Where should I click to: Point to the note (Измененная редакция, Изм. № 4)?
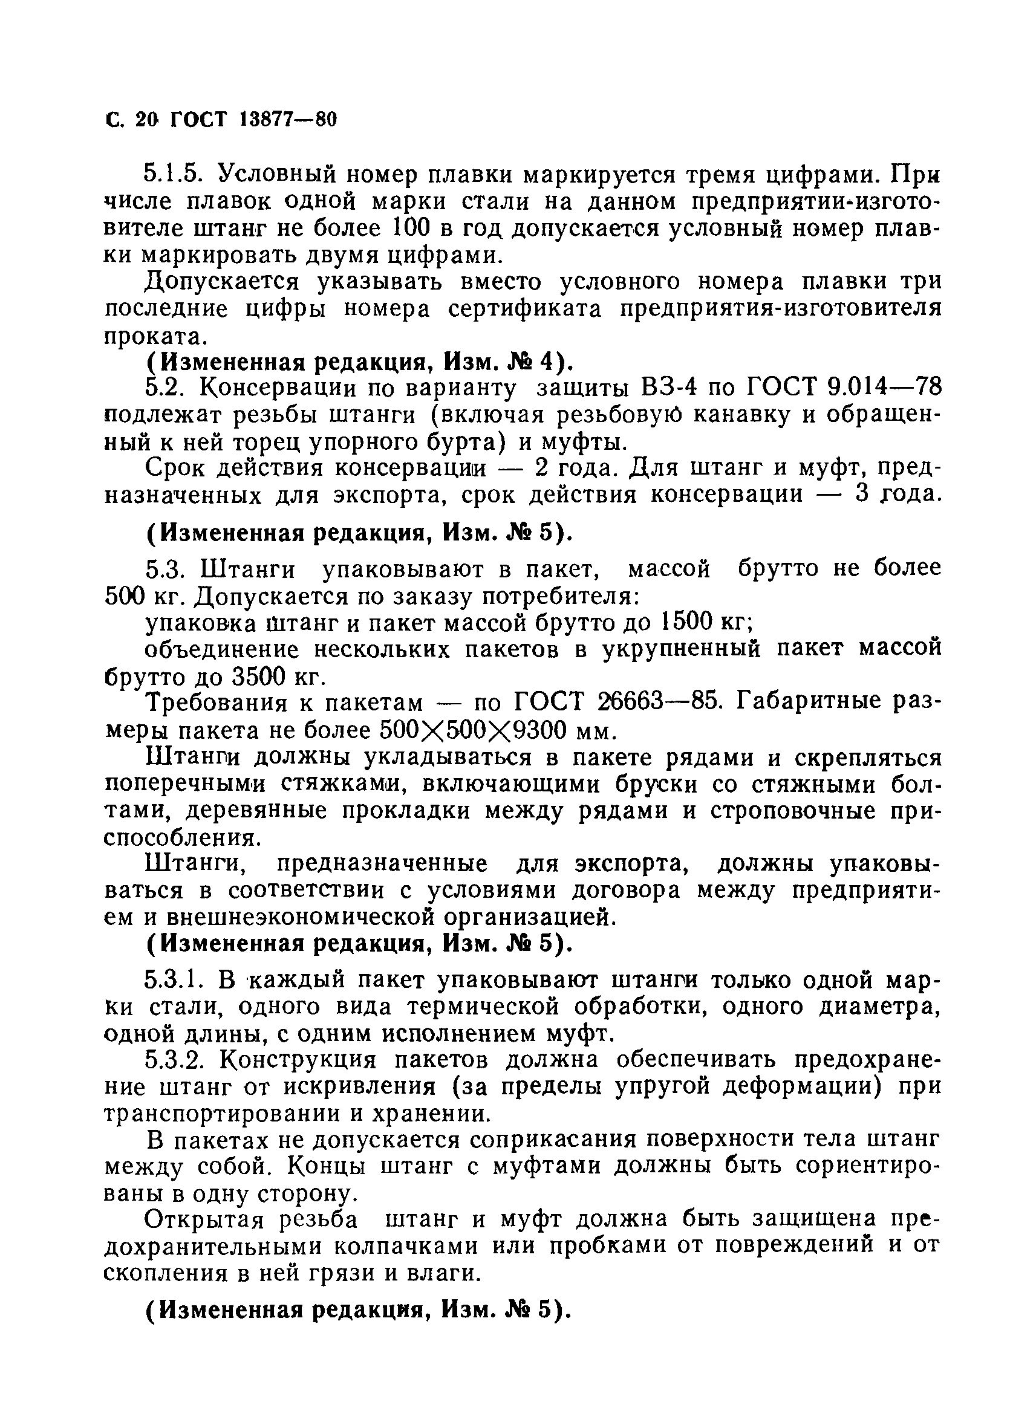(x=360, y=363)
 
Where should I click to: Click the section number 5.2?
(x=165, y=388)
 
